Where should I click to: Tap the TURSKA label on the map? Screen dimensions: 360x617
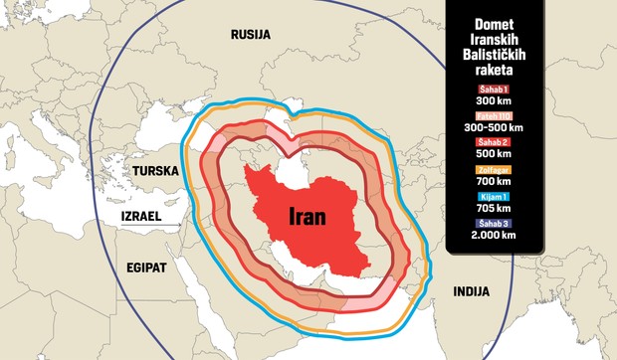click(x=155, y=171)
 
